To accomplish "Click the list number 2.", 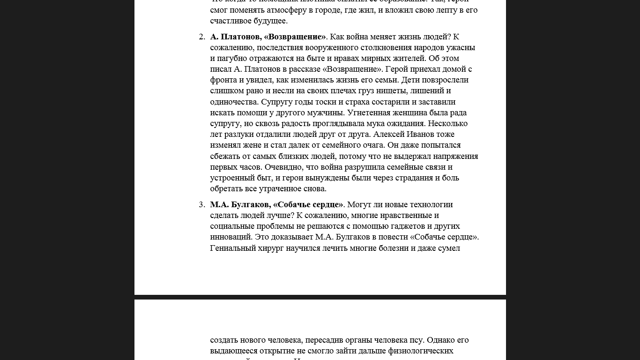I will (201, 37).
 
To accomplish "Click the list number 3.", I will (201, 204).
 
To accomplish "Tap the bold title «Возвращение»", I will (295, 37).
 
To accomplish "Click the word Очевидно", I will (282, 167).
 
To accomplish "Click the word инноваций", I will (231, 237).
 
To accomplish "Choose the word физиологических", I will (420, 351).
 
